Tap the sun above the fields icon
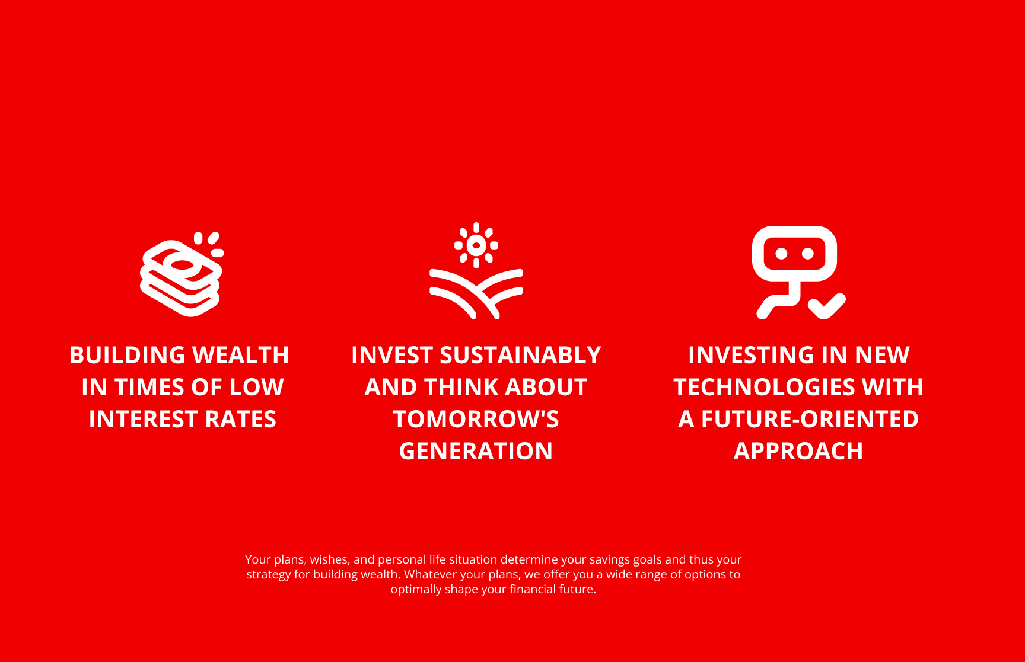(x=476, y=245)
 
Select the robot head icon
(x=794, y=254)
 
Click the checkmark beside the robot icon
(x=827, y=306)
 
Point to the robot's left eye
(x=781, y=254)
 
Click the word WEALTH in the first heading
(x=241, y=356)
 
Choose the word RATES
(x=241, y=420)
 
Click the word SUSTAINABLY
(x=520, y=356)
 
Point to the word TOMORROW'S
(x=476, y=420)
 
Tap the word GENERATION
(x=476, y=452)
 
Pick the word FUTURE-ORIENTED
(x=810, y=420)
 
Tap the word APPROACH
(x=798, y=452)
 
